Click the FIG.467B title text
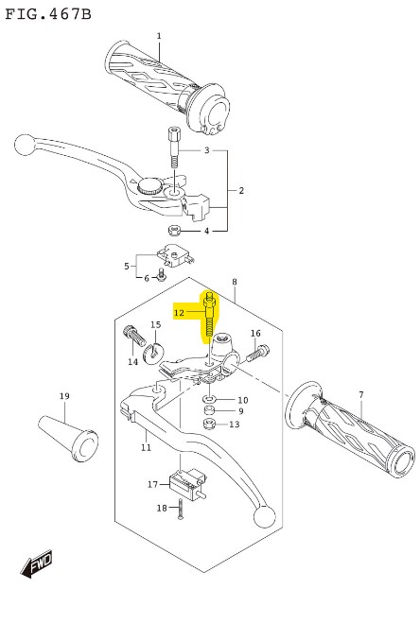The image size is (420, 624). pos(48,14)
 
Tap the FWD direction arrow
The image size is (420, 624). pos(37,563)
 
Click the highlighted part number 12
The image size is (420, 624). pos(179,313)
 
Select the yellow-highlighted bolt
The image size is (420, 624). pos(209,318)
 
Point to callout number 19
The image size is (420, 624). pos(64,396)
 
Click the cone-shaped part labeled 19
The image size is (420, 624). pos(69,439)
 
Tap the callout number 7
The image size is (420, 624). pos(361,395)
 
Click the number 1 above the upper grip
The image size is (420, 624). pos(159,36)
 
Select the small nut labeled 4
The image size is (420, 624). pos(173,230)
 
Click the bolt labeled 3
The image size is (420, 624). pos(173,147)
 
